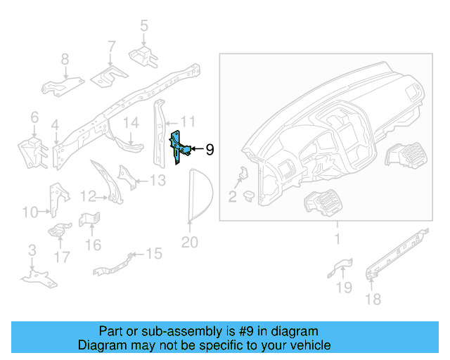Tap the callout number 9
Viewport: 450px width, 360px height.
click(x=210, y=149)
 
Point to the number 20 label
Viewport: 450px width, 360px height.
click(x=190, y=243)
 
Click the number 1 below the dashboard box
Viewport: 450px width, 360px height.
click(x=337, y=240)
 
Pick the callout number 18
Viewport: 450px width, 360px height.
click(x=373, y=300)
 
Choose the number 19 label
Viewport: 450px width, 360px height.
click(x=343, y=287)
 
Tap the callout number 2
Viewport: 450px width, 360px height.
click(x=232, y=196)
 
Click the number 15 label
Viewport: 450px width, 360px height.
click(x=153, y=253)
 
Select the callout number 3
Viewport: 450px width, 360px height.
click(x=31, y=250)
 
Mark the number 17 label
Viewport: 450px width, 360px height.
click(x=62, y=257)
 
